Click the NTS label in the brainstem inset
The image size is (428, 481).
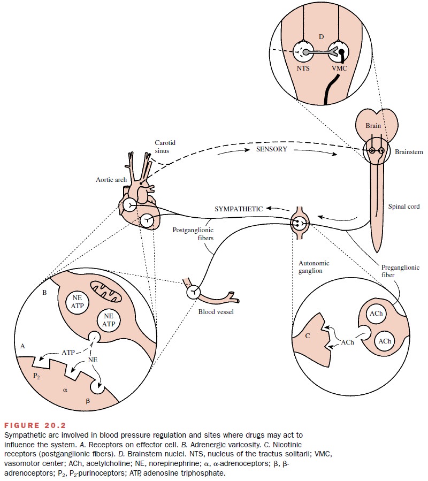[x=303, y=68]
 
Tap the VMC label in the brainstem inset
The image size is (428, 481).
[x=339, y=68]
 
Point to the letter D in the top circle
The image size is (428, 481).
[x=321, y=36]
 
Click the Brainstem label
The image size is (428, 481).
[x=409, y=152]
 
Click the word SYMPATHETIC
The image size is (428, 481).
[x=239, y=209]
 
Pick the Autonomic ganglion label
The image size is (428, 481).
[x=313, y=268]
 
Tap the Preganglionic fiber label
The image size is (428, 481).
[x=396, y=271]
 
